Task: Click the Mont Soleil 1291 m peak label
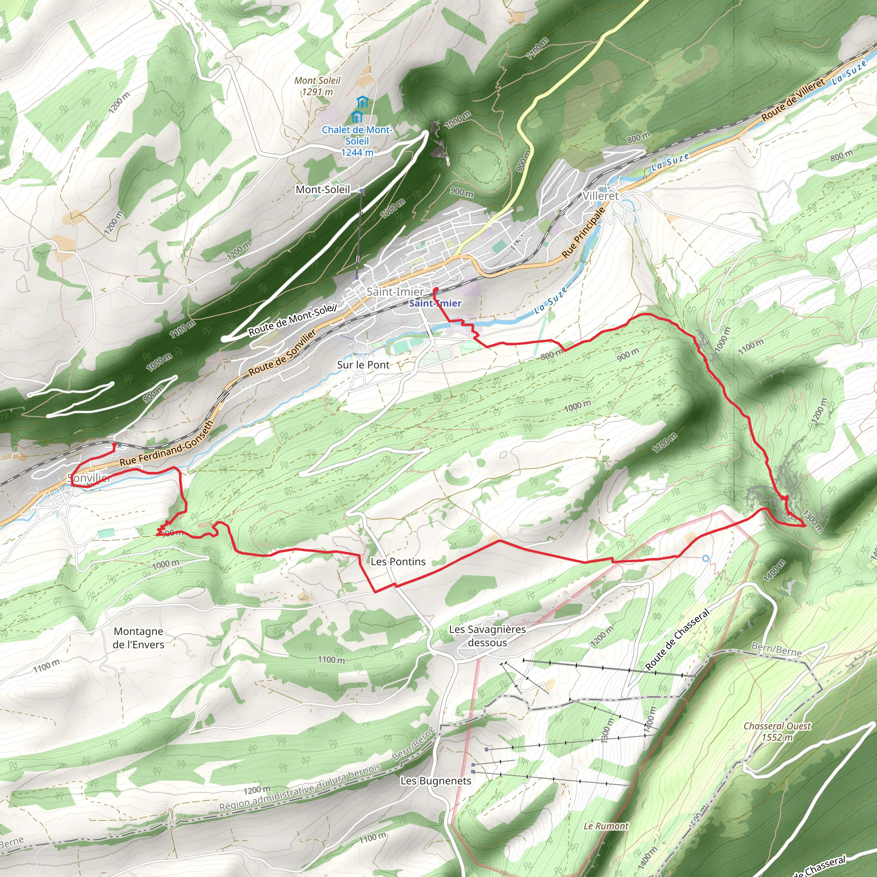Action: [x=317, y=86]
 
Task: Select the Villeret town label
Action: [x=600, y=196]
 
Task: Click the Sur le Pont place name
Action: [x=363, y=364]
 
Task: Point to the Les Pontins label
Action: [x=398, y=561]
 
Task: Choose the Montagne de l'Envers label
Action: [x=139, y=638]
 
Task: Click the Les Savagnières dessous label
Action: [x=487, y=636]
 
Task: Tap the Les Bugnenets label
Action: [x=436, y=780]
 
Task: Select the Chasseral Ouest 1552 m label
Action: [x=777, y=731]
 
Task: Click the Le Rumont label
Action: [x=606, y=826]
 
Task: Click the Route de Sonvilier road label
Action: [x=282, y=352]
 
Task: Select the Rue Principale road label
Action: [x=583, y=233]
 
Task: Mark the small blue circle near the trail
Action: [x=705, y=558]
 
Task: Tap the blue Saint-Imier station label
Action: [x=436, y=303]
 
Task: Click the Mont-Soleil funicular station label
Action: [x=323, y=189]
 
